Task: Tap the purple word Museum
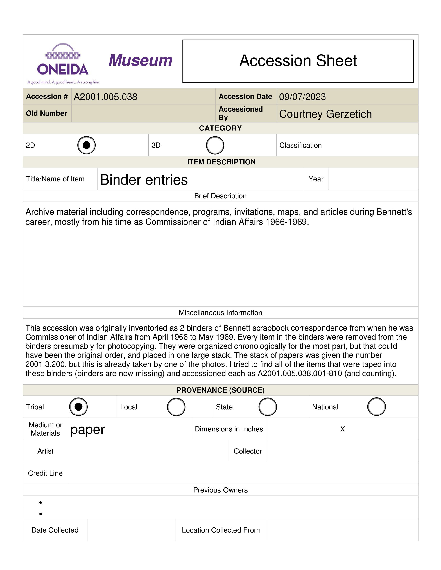[x=141, y=60]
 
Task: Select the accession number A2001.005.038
[x=105, y=97]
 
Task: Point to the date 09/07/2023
[x=302, y=97]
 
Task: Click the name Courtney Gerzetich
[x=325, y=114]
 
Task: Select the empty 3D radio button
[x=215, y=145]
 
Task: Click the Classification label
[x=300, y=145]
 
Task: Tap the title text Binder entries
[x=144, y=180]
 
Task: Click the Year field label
[x=316, y=179]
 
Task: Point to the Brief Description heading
[x=220, y=196]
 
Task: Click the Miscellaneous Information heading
[x=220, y=313]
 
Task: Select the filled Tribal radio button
[x=78, y=407]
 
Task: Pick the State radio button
[x=268, y=407]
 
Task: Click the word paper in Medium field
[x=87, y=430]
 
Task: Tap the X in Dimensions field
[x=343, y=429]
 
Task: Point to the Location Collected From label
[x=221, y=530]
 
